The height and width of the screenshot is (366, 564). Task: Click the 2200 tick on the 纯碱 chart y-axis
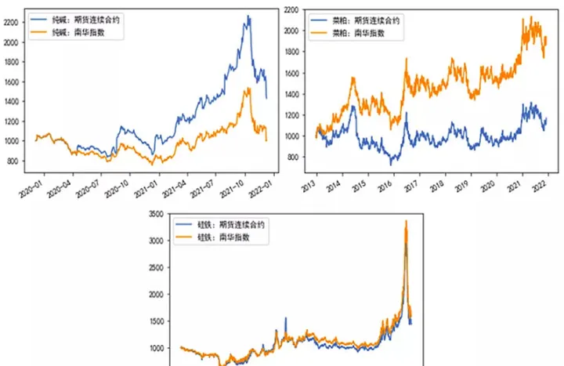(13, 22)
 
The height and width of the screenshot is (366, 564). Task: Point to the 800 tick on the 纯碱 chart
(16, 161)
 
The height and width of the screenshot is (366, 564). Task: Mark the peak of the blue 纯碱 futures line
(248, 16)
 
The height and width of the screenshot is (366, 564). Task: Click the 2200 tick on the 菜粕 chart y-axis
(291, 9)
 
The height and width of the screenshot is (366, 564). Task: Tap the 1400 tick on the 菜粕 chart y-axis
(291, 94)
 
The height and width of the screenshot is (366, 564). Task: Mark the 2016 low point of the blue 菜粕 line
(392, 164)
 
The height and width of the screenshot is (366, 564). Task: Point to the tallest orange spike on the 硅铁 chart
(406, 221)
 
